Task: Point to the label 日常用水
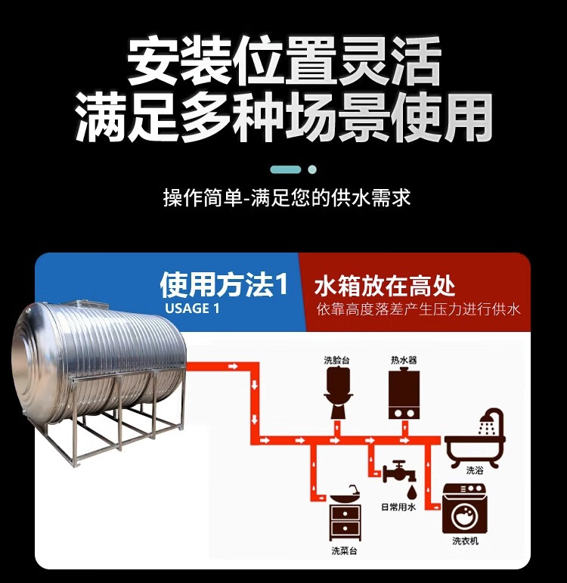tap(398, 507)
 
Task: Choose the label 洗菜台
tap(344, 550)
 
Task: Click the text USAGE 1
tap(192, 309)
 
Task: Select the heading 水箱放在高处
tap(385, 286)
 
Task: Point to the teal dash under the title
tap(286, 169)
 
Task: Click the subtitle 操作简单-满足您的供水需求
tap(287, 198)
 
